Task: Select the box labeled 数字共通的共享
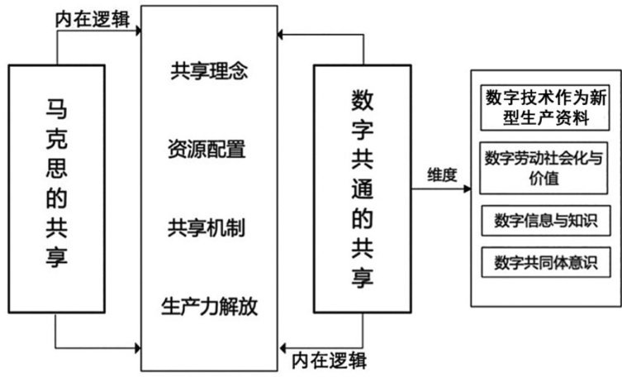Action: [360, 179]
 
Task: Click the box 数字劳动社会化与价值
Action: [546, 168]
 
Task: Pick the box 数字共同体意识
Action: [546, 263]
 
